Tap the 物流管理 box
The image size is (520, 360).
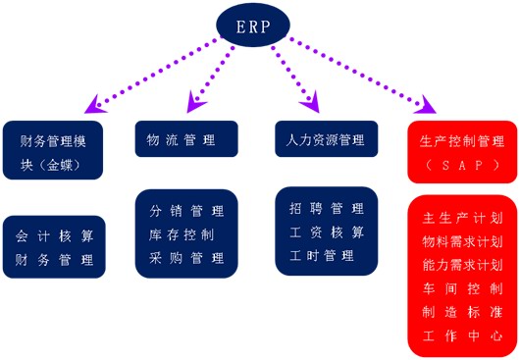[x=186, y=139]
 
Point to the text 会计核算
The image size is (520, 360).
[x=55, y=236]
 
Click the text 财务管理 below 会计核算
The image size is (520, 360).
[x=55, y=260]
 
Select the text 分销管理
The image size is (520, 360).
[x=186, y=211]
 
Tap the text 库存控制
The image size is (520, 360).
[x=186, y=234]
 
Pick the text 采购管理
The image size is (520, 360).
[x=186, y=258]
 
